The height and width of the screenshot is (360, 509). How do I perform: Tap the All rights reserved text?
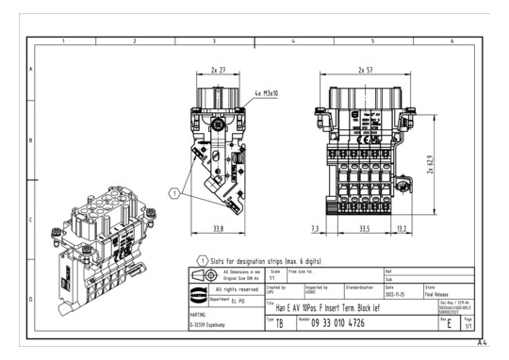tap(230, 288)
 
